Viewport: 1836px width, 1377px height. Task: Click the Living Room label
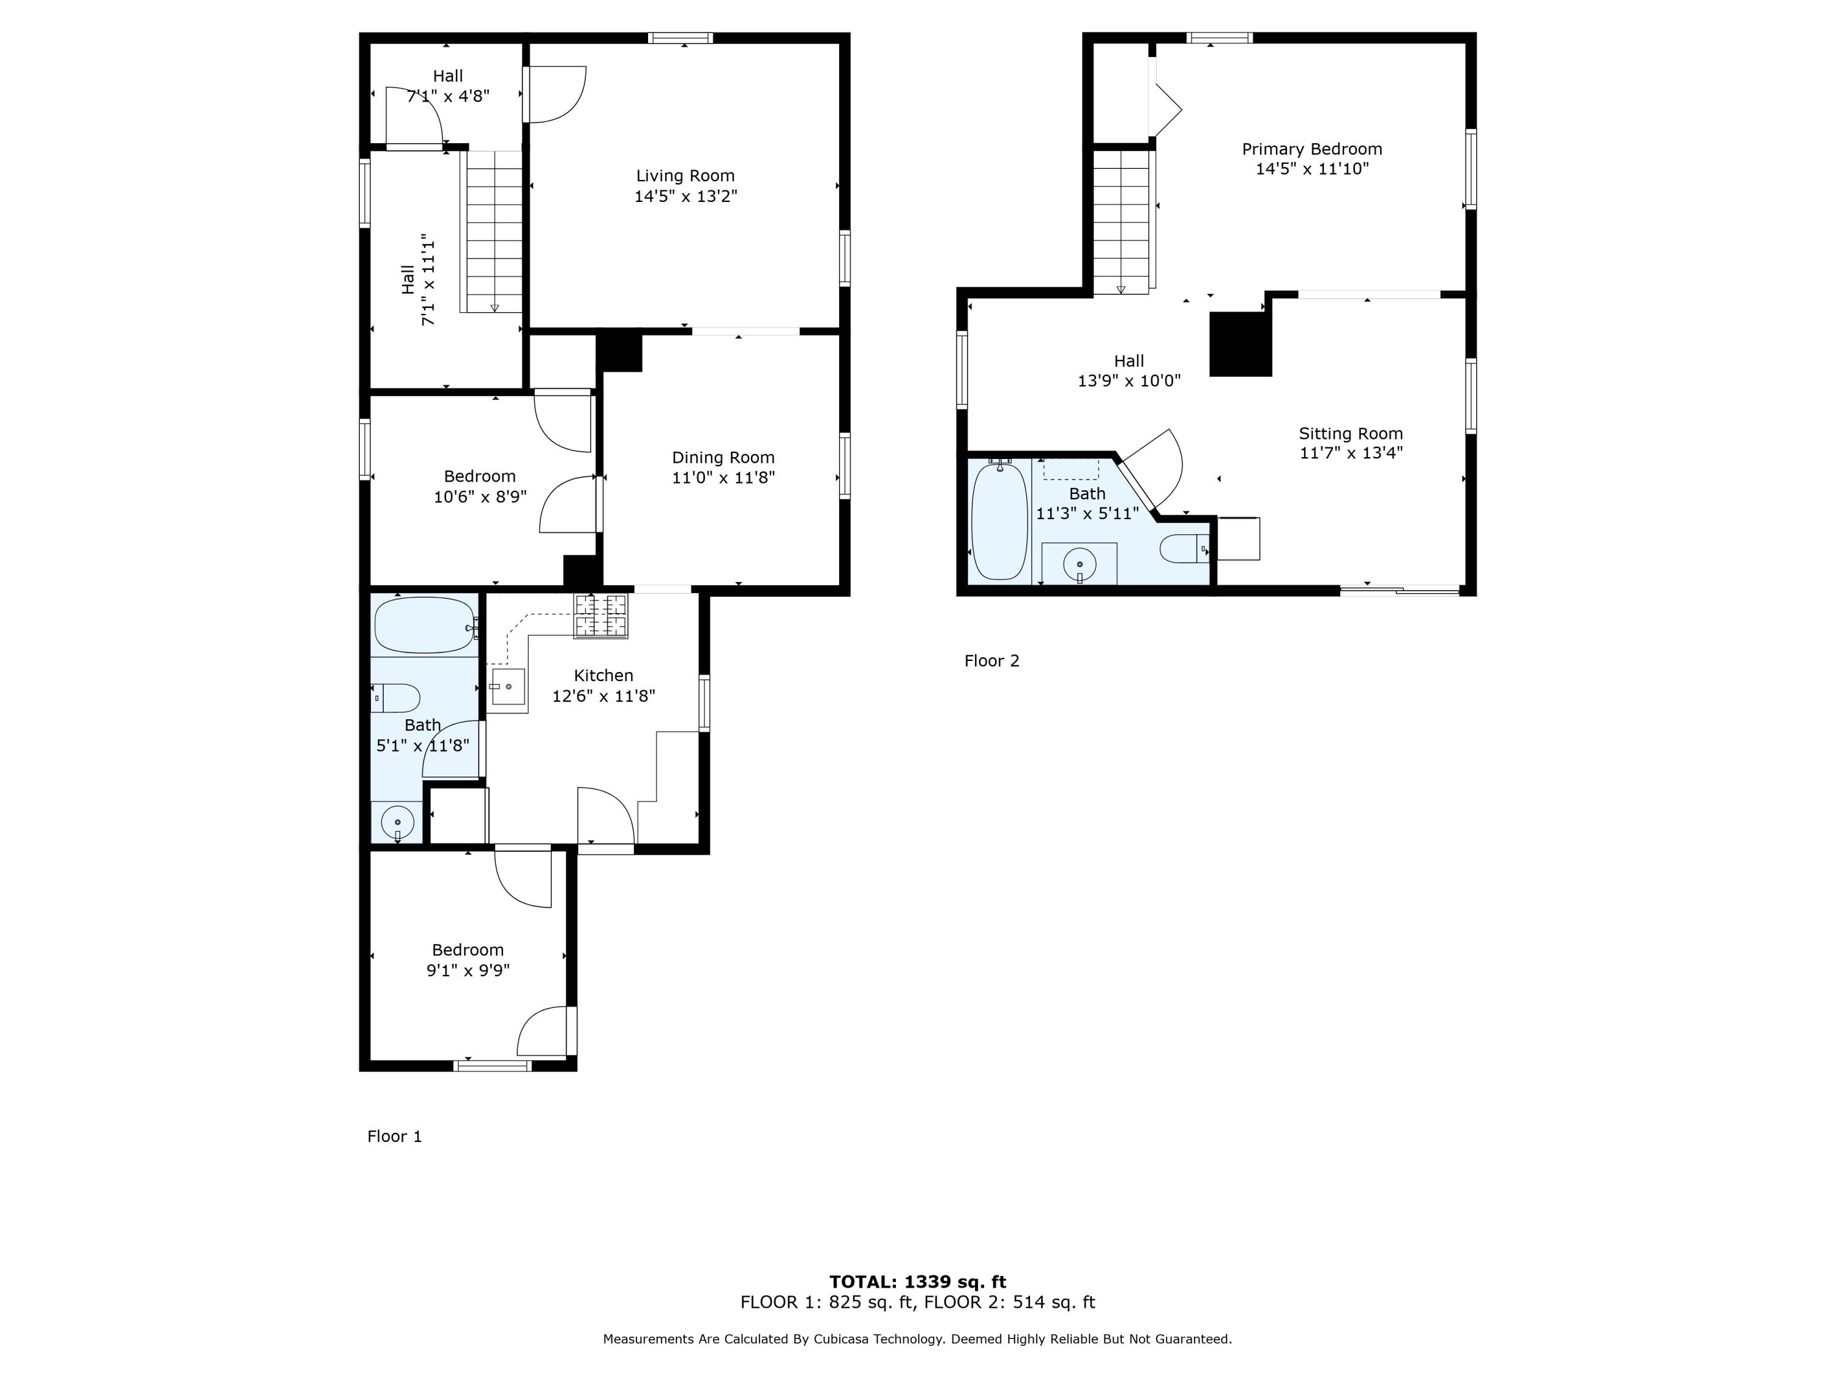click(685, 176)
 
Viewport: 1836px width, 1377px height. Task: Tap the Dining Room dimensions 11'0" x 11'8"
click(723, 478)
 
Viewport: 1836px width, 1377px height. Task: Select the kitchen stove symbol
click(601, 617)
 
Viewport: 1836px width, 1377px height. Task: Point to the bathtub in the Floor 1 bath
click(424, 625)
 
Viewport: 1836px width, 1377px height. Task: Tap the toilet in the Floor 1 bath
click(396, 698)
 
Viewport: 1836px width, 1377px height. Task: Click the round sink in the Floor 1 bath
click(398, 823)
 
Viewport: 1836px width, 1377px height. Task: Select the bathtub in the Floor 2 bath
click(999, 521)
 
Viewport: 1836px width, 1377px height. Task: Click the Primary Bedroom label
click(1312, 149)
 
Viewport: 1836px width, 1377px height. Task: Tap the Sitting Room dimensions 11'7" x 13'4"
click(1351, 453)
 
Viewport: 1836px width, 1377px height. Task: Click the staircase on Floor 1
click(494, 233)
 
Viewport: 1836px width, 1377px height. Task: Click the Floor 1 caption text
click(394, 1136)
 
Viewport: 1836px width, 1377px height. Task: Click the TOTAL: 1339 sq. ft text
click(917, 1282)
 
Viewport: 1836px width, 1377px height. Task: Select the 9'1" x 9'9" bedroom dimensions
click(468, 970)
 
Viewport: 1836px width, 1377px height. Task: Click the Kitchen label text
click(603, 676)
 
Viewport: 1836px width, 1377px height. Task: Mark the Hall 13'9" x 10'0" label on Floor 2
click(1128, 371)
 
